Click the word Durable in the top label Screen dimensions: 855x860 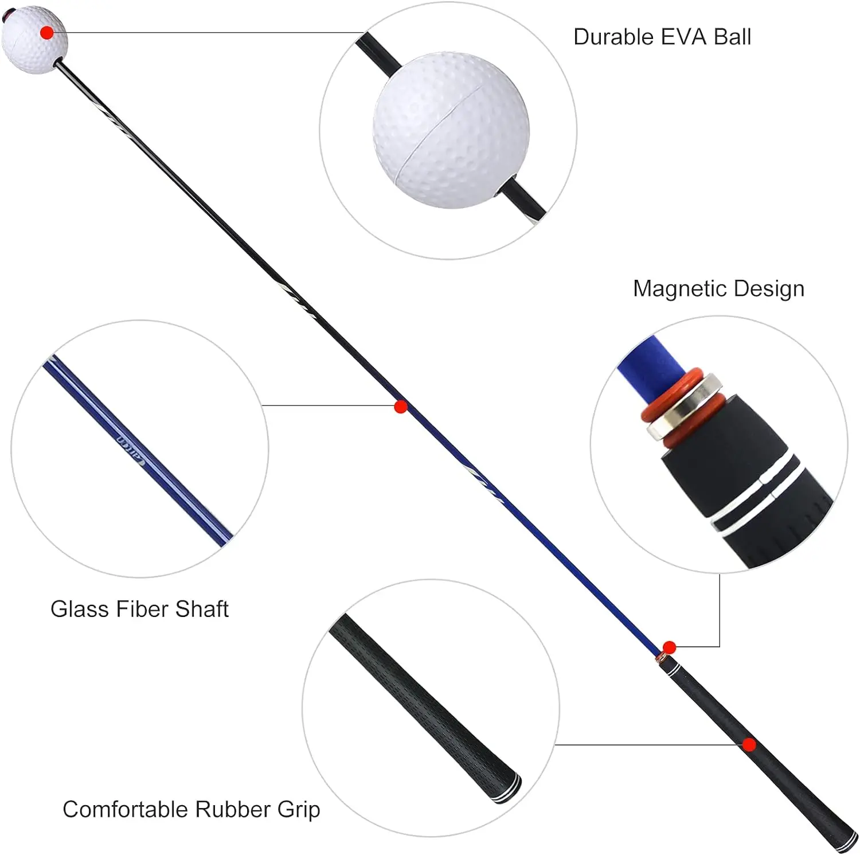tap(613, 37)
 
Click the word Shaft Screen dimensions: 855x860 tap(202, 609)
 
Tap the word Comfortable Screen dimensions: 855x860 tap(126, 810)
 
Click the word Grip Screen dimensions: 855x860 tap(299, 810)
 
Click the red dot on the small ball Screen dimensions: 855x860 tap(47, 33)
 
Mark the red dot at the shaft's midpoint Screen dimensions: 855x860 tap(401, 407)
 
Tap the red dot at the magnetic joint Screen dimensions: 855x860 tap(669, 648)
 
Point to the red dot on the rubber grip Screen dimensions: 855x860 tap(749, 744)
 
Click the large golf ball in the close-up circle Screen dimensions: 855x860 tap(451, 130)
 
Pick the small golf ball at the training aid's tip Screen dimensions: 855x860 tap(34, 39)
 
